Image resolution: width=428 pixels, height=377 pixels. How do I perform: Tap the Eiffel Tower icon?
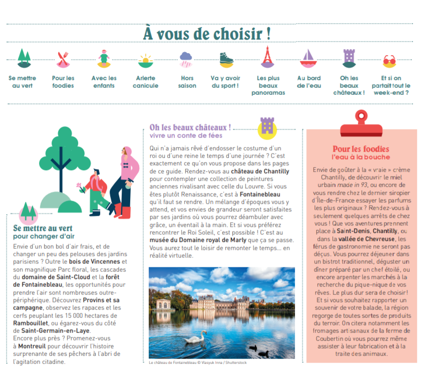pos(268,57)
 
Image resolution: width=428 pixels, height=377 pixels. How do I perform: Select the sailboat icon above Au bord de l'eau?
pos(308,58)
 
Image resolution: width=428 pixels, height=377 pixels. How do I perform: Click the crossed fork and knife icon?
pos(63,59)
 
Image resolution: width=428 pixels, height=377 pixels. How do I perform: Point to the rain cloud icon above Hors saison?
pos(186,59)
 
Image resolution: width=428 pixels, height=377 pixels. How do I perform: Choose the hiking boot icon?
pos(226,59)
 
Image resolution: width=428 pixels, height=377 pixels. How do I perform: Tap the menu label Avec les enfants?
pos(104,82)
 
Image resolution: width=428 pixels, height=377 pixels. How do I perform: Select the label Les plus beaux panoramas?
pos(268,85)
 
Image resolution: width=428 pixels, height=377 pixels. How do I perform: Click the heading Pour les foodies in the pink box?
pos(360,149)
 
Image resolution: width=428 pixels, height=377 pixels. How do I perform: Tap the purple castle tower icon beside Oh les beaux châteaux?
pos(267,127)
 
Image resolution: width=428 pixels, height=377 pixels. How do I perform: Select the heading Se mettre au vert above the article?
pos(43,229)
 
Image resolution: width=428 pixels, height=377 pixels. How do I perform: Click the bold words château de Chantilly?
pos(260,171)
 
